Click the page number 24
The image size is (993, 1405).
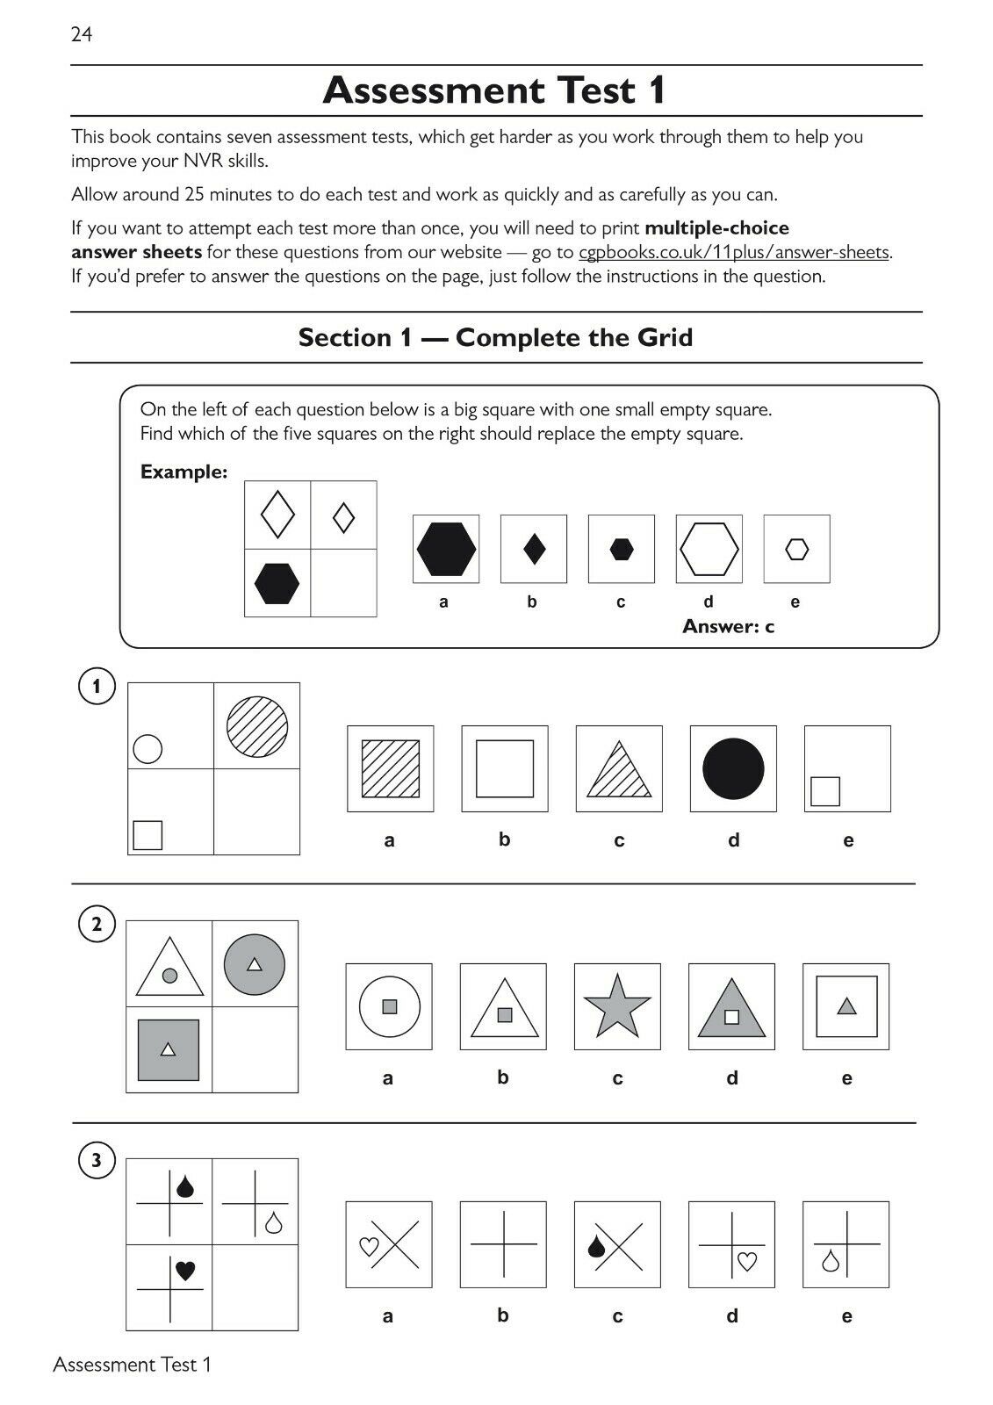coord(82,34)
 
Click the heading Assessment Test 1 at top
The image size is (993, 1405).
coord(495,90)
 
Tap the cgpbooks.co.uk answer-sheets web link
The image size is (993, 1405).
coord(734,253)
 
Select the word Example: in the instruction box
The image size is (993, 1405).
coord(183,472)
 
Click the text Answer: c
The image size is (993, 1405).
coord(728,626)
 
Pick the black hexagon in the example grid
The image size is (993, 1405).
coord(277,583)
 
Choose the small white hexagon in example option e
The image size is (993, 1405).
coord(796,550)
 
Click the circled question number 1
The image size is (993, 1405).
coord(97,686)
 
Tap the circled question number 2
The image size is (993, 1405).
coord(97,924)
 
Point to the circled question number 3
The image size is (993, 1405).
coord(97,1161)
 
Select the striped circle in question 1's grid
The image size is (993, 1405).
coord(257,726)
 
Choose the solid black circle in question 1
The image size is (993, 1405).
coord(733,768)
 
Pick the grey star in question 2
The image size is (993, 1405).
coord(617,1005)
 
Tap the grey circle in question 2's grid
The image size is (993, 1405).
coord(255,964)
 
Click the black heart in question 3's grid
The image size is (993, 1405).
coord(185,1270)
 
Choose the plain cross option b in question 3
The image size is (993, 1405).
coord(503,1244)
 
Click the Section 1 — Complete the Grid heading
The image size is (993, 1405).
coord(495,337)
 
